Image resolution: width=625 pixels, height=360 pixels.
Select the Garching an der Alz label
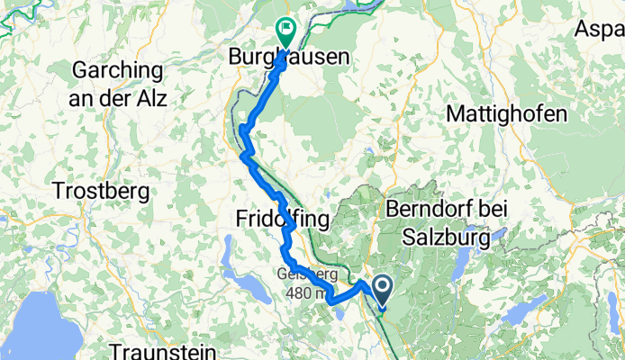(116, 83)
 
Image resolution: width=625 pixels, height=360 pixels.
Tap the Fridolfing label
(283, 220)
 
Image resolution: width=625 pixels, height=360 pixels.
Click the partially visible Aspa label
(600, 30)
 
